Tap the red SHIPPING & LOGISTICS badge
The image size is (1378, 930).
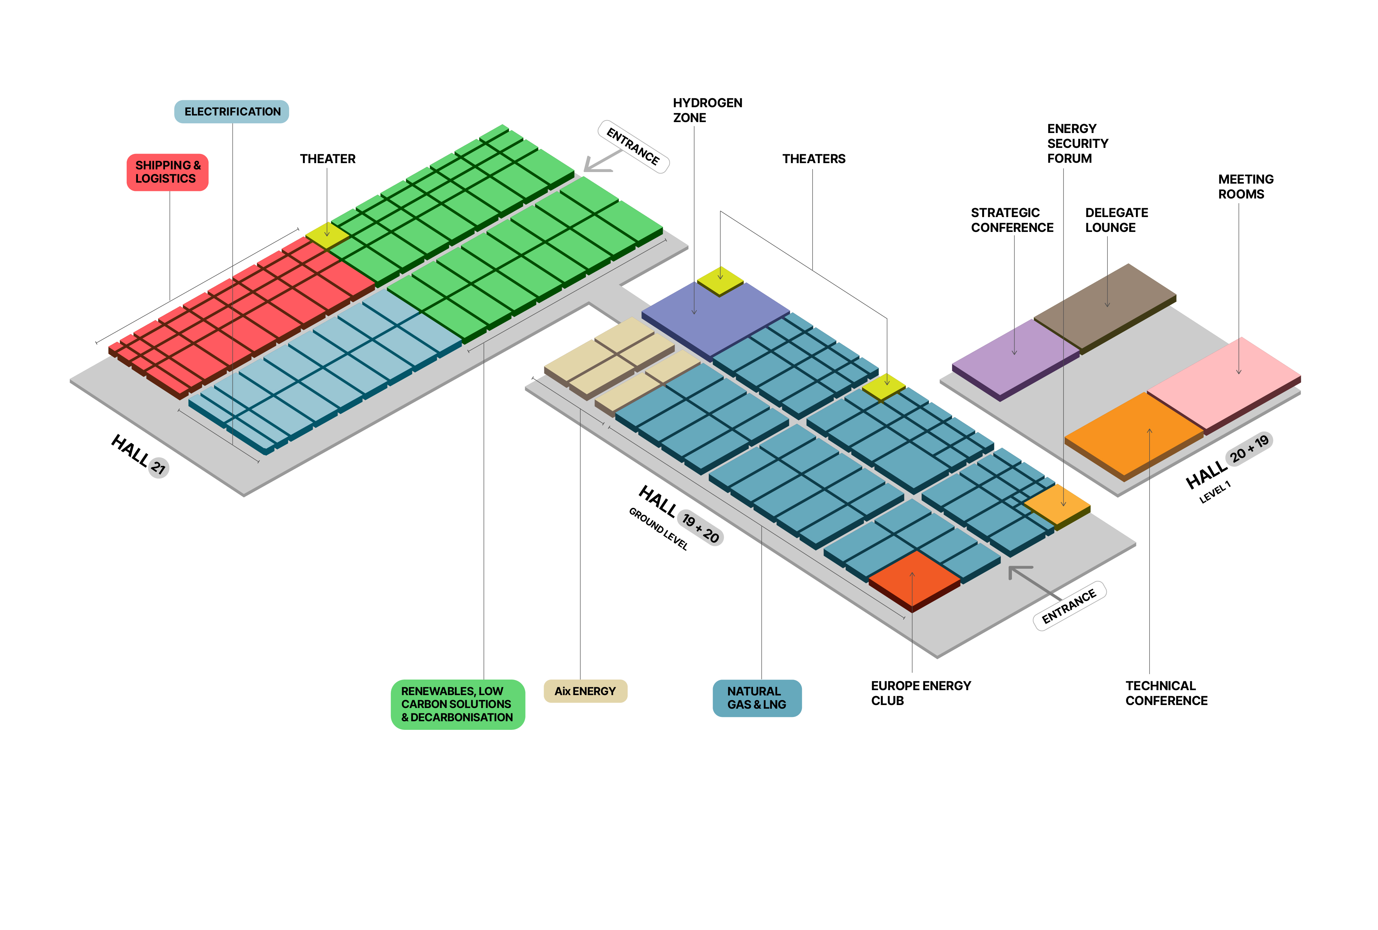[167, 172]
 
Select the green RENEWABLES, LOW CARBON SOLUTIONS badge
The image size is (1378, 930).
[457, 704]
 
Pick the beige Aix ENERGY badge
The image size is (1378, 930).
[585, 691]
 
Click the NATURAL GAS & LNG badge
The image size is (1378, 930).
[756, 698]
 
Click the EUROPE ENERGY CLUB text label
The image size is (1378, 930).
[920, 693]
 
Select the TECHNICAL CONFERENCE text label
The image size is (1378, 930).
[1165, 693]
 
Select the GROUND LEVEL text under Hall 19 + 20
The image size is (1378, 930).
[657, 528]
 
